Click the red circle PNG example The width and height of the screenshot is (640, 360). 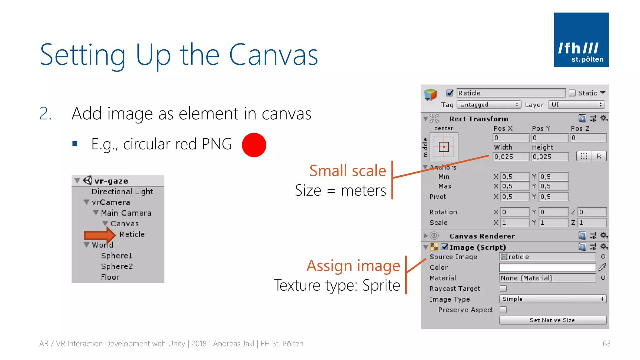coord(254,145)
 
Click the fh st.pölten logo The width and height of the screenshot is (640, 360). coord(581,40)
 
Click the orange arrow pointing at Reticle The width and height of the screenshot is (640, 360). coord(100,235)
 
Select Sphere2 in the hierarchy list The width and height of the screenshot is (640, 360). coord(117,266)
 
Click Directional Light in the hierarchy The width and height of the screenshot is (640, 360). coord(122,192)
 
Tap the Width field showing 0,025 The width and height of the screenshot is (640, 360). coord(511,157)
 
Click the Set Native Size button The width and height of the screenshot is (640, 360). coord(552,320)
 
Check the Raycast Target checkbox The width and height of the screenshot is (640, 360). coord(503,288)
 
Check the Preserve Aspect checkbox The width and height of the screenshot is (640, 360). coord(503,310)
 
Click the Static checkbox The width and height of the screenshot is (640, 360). coord(572,93)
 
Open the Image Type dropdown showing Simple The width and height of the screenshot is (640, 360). coord(552,299)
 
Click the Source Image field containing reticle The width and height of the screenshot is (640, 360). coord(547,257)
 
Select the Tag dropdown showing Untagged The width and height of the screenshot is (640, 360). coord(489,105)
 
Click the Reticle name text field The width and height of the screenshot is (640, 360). coord(511,93)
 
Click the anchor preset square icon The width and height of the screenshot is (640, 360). coord(444,147)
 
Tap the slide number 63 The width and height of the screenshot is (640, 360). coord(606,344)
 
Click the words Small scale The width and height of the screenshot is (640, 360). coord(347,171)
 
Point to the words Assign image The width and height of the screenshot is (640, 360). coord(353,266)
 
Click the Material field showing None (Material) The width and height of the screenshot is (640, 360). coord(547,278)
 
